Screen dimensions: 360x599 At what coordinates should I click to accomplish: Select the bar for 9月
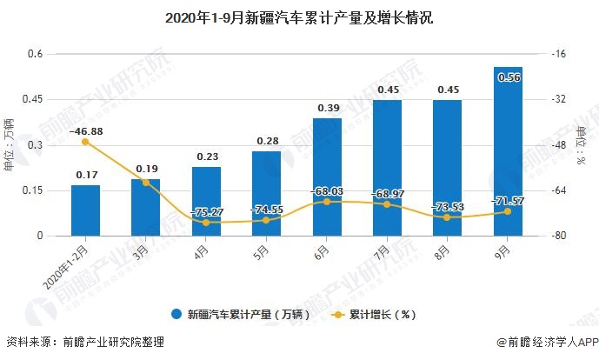(508, 151)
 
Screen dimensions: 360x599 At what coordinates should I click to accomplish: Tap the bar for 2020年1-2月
(85, 210)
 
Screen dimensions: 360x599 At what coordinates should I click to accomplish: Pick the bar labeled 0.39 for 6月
(327, 177)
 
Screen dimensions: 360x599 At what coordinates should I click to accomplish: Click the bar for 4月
(206, 201)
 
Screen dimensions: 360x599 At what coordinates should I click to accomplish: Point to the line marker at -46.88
(85, 142)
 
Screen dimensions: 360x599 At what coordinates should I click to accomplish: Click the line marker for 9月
(508, 211)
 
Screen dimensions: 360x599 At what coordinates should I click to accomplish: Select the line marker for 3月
(146, 182)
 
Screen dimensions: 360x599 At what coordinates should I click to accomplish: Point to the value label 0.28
(267, 141)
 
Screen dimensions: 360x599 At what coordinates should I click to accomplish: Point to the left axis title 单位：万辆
(10, 144)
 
